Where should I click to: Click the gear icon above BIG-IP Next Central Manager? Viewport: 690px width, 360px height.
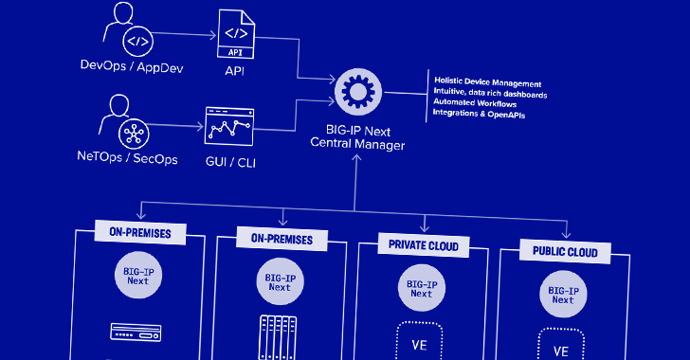tap(358, 92)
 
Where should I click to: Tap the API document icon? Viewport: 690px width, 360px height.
tap(236, 34)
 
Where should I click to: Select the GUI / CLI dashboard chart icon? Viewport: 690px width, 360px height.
tap(229, 126)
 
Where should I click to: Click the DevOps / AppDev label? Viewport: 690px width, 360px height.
tap(132, 66)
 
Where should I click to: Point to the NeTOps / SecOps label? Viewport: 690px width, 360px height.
tap(127, 157)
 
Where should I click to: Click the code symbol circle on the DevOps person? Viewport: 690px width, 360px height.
tap(137, 42)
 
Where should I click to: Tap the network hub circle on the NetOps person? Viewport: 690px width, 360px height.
tap(134, 134)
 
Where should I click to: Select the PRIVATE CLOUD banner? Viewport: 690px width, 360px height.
tap(424, 245)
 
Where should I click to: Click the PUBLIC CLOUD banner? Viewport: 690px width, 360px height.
tap(565, 251)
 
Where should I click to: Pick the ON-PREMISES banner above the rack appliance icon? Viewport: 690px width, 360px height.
tap(140, 232)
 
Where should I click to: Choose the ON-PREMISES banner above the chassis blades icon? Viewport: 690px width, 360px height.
tap(281, 239)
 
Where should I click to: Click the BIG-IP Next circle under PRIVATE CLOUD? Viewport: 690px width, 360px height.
tap(422, 288)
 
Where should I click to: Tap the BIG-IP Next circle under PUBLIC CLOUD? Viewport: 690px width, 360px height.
tap(563, 294)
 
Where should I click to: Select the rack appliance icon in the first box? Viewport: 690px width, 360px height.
tap(136, 333)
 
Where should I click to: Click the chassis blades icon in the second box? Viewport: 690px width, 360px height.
tap(278, 337)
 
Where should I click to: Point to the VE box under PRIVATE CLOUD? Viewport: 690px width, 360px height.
tap(419, 341)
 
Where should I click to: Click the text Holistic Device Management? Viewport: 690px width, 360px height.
tap(487, 81)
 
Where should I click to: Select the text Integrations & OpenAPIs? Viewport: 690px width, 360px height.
tap(479, 114)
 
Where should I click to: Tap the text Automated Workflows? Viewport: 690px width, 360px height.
tap(475, 103)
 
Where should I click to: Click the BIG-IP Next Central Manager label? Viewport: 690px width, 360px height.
tap(357, 137)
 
